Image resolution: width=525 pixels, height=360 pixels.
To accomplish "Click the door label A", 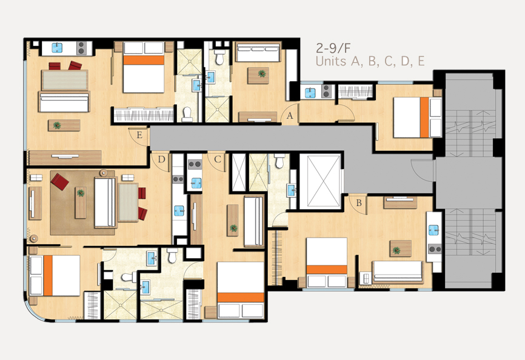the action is [290, 116].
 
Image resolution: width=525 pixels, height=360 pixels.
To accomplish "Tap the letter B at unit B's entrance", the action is [359, 203].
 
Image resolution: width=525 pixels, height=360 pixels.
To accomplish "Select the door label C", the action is [217, 159].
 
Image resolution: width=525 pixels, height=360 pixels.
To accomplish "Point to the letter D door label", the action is [161, 159].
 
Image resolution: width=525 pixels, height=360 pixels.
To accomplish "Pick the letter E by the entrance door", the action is [139, 135].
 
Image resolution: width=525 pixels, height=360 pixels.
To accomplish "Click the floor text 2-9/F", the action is [333, 48].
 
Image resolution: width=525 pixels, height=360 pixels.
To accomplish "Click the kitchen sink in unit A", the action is [310, 92].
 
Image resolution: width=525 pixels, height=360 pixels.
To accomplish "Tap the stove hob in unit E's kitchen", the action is [81, 48].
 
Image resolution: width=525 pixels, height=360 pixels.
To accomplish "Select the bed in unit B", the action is [326, 262].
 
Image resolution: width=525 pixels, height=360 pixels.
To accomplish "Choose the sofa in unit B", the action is [398, 272].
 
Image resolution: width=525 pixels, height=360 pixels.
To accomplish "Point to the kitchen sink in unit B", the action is [434, 230].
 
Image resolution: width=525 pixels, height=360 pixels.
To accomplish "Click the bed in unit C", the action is [241, 290].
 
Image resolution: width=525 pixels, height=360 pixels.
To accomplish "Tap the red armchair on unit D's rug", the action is [60, 182].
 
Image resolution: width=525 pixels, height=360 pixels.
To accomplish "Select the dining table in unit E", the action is [65, 80].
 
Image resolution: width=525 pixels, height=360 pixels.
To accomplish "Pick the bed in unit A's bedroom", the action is [418, 117].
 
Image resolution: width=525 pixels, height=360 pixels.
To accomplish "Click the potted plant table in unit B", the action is [401, 248].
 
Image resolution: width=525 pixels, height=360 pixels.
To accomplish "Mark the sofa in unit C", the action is [253, 221].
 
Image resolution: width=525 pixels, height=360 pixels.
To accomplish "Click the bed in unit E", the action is [144, 67].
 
